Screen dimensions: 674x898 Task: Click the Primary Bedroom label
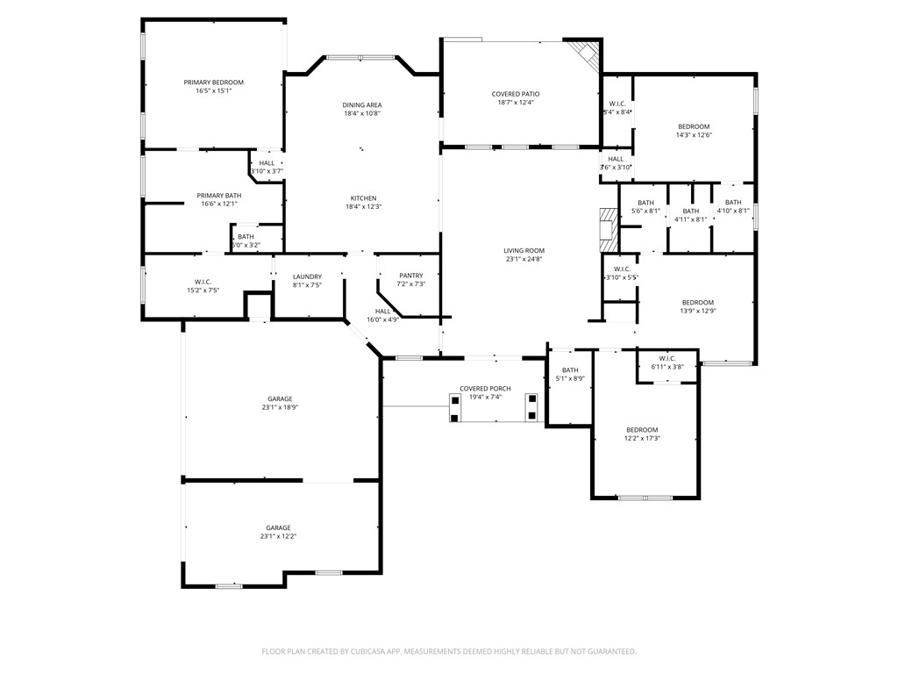click(213, 82)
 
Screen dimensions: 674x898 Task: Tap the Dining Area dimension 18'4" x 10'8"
click(361, 114)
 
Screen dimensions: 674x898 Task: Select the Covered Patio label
click(517, 94)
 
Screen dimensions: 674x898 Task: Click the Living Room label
click(524, 251)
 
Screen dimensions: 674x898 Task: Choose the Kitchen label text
click(363, 198)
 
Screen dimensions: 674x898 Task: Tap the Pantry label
click(410, 276)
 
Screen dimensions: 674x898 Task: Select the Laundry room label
click(307, 276)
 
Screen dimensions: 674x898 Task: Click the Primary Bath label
click(218, 196)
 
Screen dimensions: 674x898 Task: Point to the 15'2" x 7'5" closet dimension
click(203, 290)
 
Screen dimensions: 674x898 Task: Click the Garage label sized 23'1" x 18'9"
click(279, 399)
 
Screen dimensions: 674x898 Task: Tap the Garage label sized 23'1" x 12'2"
click(278, 528)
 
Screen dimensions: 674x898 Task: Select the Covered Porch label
click(485, 388)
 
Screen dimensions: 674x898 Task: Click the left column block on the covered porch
click(453, 408)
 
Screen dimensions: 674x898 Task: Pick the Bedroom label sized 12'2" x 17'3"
click(642, 430)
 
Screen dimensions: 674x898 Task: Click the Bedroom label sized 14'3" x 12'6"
click(693, 126)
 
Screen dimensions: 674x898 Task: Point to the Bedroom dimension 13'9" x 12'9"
click(697, 312)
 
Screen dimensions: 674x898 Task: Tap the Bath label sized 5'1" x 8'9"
click(570, 370)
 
